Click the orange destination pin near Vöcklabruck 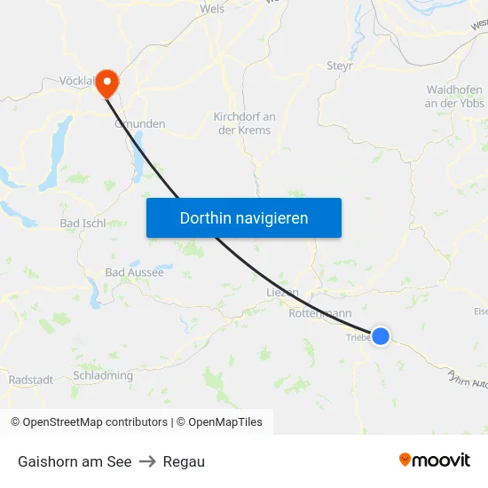pyautogui.click(x=106, y=83)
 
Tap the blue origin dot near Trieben pyautogui.click(x=381, y=335)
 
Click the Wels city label pyautogui.click(x=213, y=9)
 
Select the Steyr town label pyautogui.click(x=340, y=66)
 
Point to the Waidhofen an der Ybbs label pyautogui.click(x=454, y=97)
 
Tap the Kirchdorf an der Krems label pyautogui.click(x=244, y=123)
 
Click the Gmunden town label pyautogui.click(x=140, y=124)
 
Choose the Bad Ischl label pyautogui.click(x=82, y=223)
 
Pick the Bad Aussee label pyautogui.click(x=134, y=272)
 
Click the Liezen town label pyautogui.click(x=283, y=292)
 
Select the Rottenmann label pyautogui.click(x=319, y=313)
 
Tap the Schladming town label pyautogui.click(x=103, y=375)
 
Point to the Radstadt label pyautogui.click(x=30, y=380)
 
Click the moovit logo pyautogui.click(x=435, y=460)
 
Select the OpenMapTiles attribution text pyautogui.click(x=225, y=422)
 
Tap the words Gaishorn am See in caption pyautogui.click(x=75, y=461)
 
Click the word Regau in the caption pyautogui.click(x=184, y=461)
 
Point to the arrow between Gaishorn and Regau pyautogui.click(x=147, y=461)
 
